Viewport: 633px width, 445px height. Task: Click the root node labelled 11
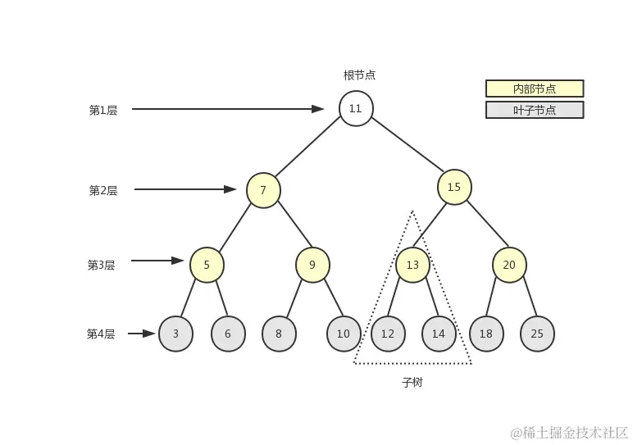[356, 108]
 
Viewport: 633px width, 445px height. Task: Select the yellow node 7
[263, 190]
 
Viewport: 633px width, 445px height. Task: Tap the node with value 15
[454, 187]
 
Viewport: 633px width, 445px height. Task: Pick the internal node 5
[207, 265]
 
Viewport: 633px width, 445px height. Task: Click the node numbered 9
[312, 265]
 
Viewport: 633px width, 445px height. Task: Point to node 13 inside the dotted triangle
[412, 265]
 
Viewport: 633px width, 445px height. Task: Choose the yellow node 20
[509, 265]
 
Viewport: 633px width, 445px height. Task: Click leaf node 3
[175, 334]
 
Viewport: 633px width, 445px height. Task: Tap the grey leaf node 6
[228, 334]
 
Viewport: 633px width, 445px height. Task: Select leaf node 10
[344, 334]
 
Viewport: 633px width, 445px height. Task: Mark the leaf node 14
[439, 334]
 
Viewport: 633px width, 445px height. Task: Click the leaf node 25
[537, 334]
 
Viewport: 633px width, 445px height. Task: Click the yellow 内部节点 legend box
[535, 89]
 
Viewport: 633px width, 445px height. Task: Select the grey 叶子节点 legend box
[535, 110]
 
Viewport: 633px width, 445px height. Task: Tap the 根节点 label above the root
[359, 75]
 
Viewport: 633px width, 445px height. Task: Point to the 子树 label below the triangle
[412, 383]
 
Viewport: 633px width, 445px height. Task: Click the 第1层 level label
[103, 110]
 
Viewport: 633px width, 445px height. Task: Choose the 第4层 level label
[101, 334]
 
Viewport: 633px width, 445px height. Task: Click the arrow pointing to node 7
[185, 189]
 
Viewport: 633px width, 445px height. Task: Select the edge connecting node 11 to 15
[405, 148]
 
